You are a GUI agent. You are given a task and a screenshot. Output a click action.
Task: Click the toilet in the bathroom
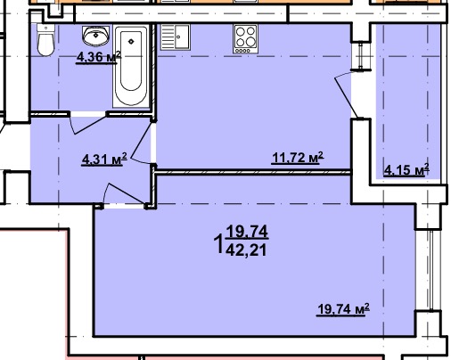45,40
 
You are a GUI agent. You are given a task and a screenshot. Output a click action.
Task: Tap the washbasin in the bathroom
95,36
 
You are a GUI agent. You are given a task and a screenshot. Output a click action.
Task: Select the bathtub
131,67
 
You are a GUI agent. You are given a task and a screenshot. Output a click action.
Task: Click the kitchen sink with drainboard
176,37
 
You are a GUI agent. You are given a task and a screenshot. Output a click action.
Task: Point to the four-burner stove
246,39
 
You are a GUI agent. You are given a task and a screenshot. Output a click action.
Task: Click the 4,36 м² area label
98,57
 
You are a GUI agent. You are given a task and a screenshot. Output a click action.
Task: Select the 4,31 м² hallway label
104,160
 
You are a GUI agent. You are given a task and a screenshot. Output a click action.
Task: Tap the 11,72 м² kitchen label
298,158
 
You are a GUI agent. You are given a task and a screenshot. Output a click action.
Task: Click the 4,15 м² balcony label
406,170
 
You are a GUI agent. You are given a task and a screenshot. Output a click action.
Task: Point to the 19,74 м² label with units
343,309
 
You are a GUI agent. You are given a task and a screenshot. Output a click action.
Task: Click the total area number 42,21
246,250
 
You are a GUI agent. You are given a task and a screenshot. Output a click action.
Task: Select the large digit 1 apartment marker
219,243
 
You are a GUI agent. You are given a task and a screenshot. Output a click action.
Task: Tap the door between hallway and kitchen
141,142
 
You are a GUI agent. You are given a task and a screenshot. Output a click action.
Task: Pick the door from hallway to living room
125,194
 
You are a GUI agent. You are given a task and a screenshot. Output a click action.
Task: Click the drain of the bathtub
131,41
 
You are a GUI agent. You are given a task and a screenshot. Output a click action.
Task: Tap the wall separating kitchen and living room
253,172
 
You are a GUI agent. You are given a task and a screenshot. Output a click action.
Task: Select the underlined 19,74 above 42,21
247,232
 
